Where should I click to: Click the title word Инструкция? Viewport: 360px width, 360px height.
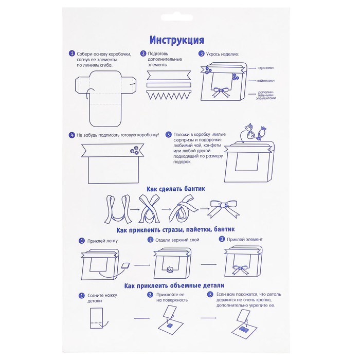[x=176, y=40]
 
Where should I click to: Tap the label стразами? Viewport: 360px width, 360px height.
[x=266, y=68]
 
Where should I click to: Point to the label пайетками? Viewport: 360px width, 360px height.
[x=265, y=81]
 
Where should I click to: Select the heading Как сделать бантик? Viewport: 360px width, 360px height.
[x=176, y=189]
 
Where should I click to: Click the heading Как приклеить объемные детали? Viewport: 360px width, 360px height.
[x=174, y=285]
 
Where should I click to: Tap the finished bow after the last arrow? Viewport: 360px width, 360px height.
[x=223, y=208]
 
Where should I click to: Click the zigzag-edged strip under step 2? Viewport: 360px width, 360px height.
[x=169, y=95]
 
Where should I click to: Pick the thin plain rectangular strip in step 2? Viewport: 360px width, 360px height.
[x=169, y=85]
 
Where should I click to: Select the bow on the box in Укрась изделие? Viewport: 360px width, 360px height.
[x=221, y=92]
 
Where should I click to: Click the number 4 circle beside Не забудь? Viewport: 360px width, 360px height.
[x=72, y=135]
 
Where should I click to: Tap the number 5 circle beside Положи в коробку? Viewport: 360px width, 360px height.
[x=169, y=135]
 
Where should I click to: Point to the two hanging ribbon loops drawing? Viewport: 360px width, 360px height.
[x=118, y=209]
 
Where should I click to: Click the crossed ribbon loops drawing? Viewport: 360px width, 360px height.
[x=149, y=209]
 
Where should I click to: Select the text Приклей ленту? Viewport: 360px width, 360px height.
[x=102, y=241]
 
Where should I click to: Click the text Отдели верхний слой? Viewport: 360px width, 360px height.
[x=177, y=240]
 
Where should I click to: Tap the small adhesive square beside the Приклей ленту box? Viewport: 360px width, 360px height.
[x=125, y=266]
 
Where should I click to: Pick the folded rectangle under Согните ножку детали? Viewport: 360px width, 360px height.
[x=96, y=318]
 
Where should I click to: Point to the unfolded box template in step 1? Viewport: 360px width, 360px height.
[x=105, y=99]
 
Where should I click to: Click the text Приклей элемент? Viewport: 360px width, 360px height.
[x=244, y=239]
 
